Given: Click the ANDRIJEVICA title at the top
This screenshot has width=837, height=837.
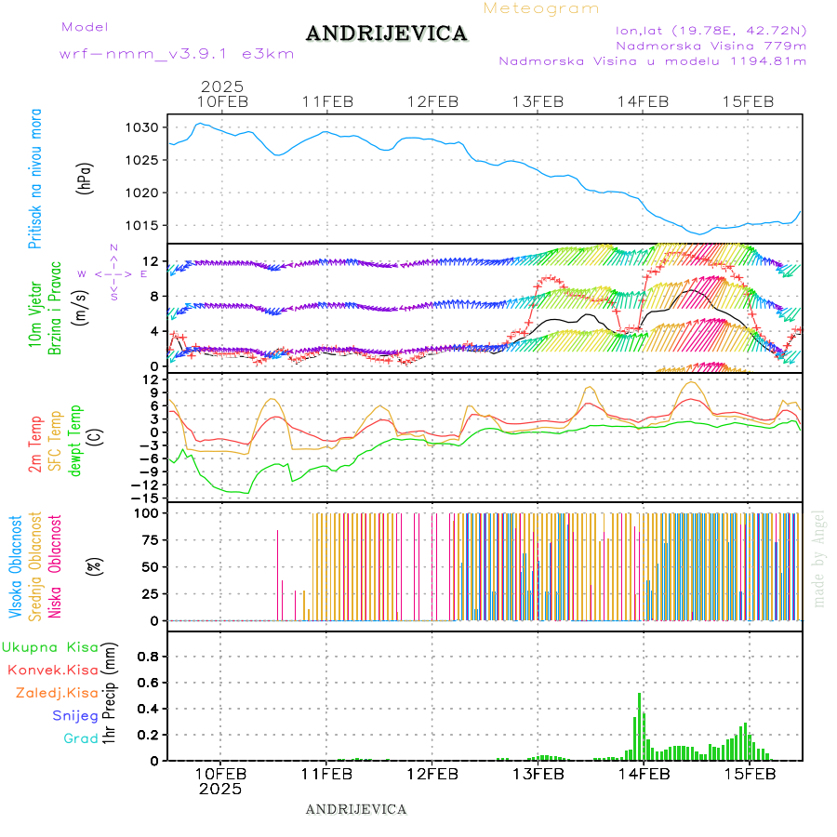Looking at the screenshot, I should click(386, 34).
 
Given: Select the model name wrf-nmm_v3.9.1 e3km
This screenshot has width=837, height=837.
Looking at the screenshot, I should click(177, 54).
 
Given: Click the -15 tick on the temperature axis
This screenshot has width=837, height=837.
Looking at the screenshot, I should click(149, 498).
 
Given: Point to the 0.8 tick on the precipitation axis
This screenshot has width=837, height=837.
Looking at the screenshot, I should click(149, 657).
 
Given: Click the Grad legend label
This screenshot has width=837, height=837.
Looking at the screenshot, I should click(81, 739).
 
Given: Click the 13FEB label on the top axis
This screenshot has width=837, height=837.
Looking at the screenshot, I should click(538, 102).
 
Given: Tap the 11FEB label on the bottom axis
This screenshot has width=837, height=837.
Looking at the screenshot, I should click(326, 774).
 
